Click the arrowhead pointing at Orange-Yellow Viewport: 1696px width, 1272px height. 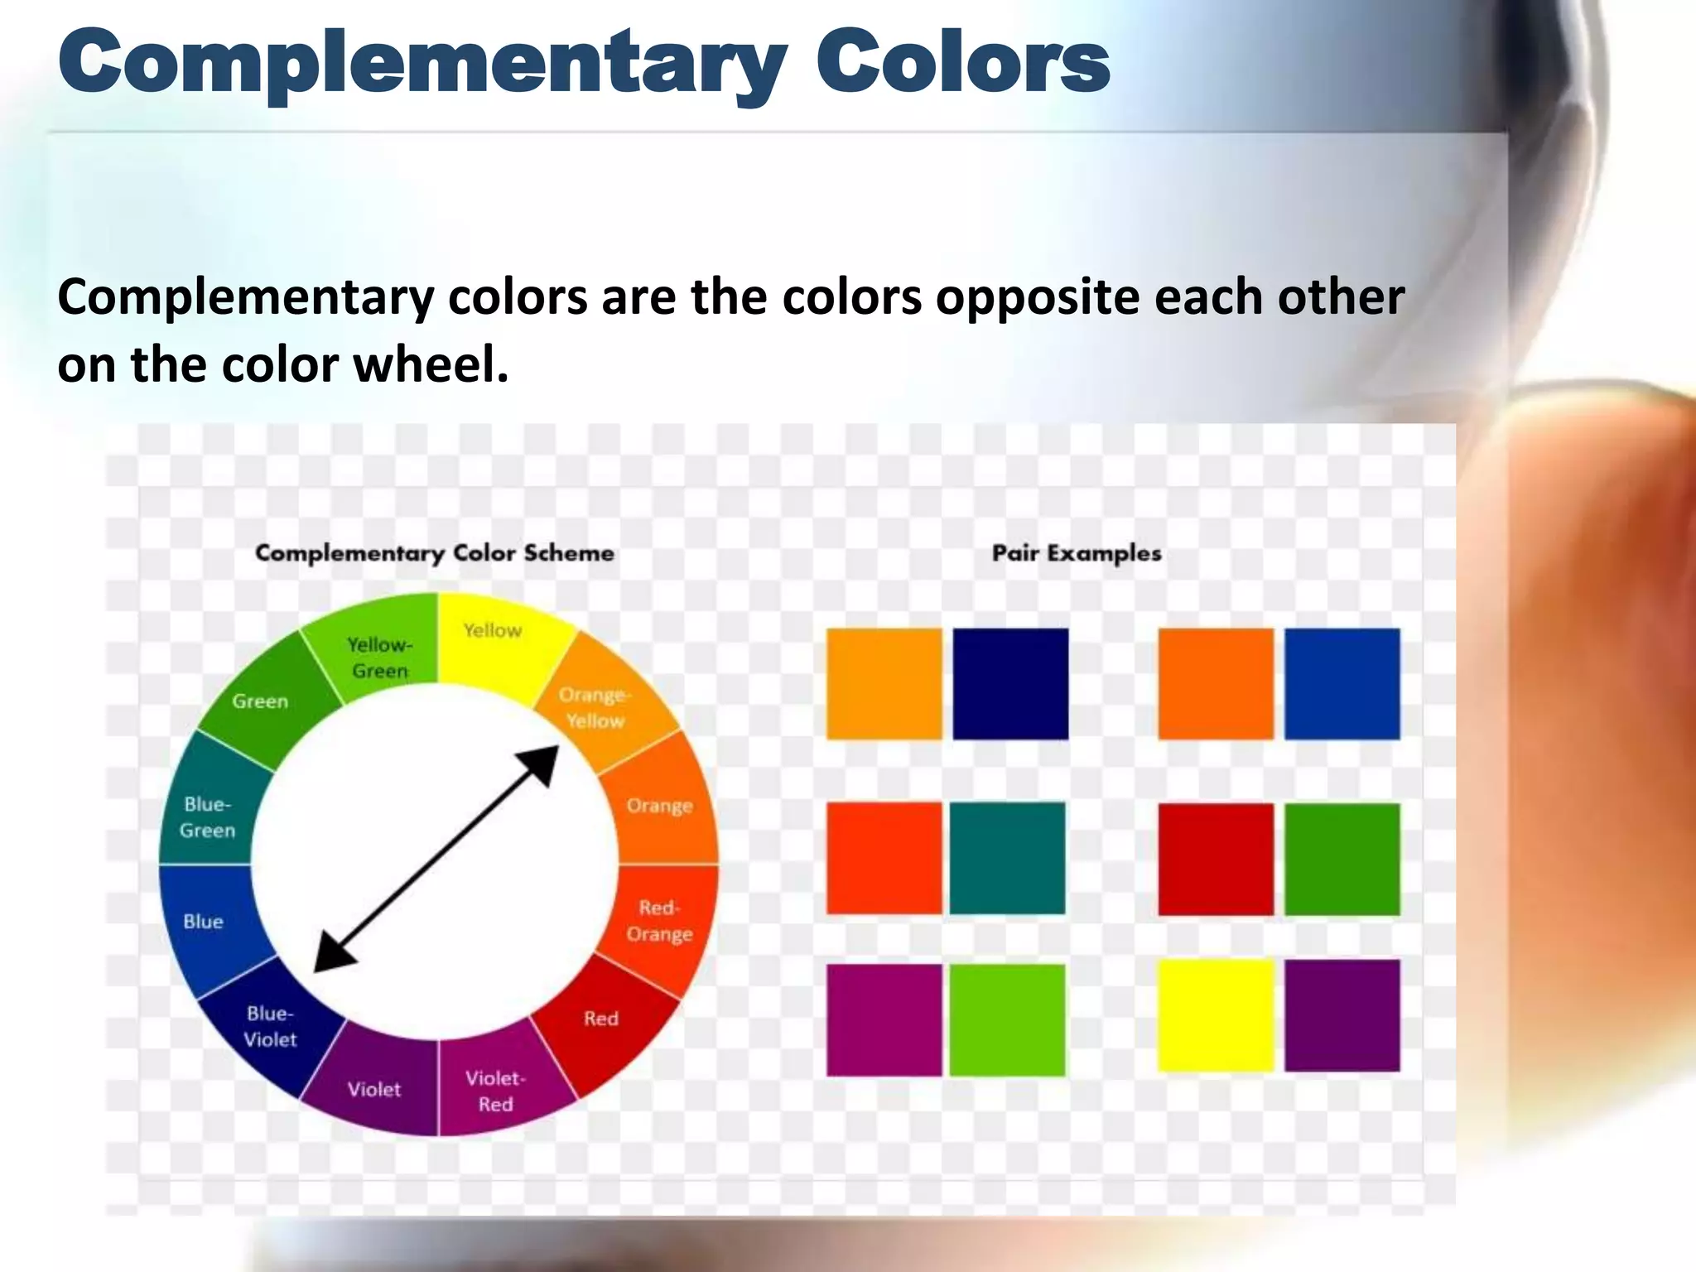tap(542, 762)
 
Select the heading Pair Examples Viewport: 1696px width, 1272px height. tap(1077, 553)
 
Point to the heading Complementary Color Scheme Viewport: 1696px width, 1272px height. tap(435, 553)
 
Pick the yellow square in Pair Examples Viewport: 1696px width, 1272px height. tap(1215, 1015)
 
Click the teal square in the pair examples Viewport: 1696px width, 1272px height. tap(1007, 858)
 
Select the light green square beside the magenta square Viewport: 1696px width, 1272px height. tap(1007, 1019)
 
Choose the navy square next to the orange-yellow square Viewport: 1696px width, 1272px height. tap(1010, 683)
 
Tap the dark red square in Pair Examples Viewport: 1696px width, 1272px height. tap(1215, 859)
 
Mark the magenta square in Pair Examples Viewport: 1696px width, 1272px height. tap(884, 1019)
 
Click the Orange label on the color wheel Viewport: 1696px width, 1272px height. tap(659, 806)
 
